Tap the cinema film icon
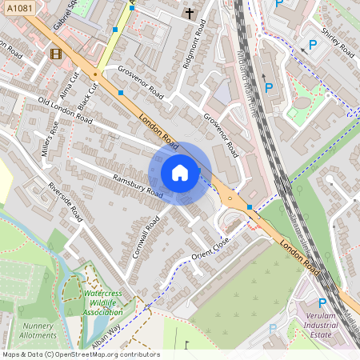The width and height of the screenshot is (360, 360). click(x=54, y=54)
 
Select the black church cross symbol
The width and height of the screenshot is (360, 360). click(x=190, y=14)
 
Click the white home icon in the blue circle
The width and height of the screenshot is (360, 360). click(x=180, y=173)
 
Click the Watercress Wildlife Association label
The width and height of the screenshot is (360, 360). click(x=102, y=303)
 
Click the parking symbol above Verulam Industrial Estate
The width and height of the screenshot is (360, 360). click(x=322, y=303)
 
